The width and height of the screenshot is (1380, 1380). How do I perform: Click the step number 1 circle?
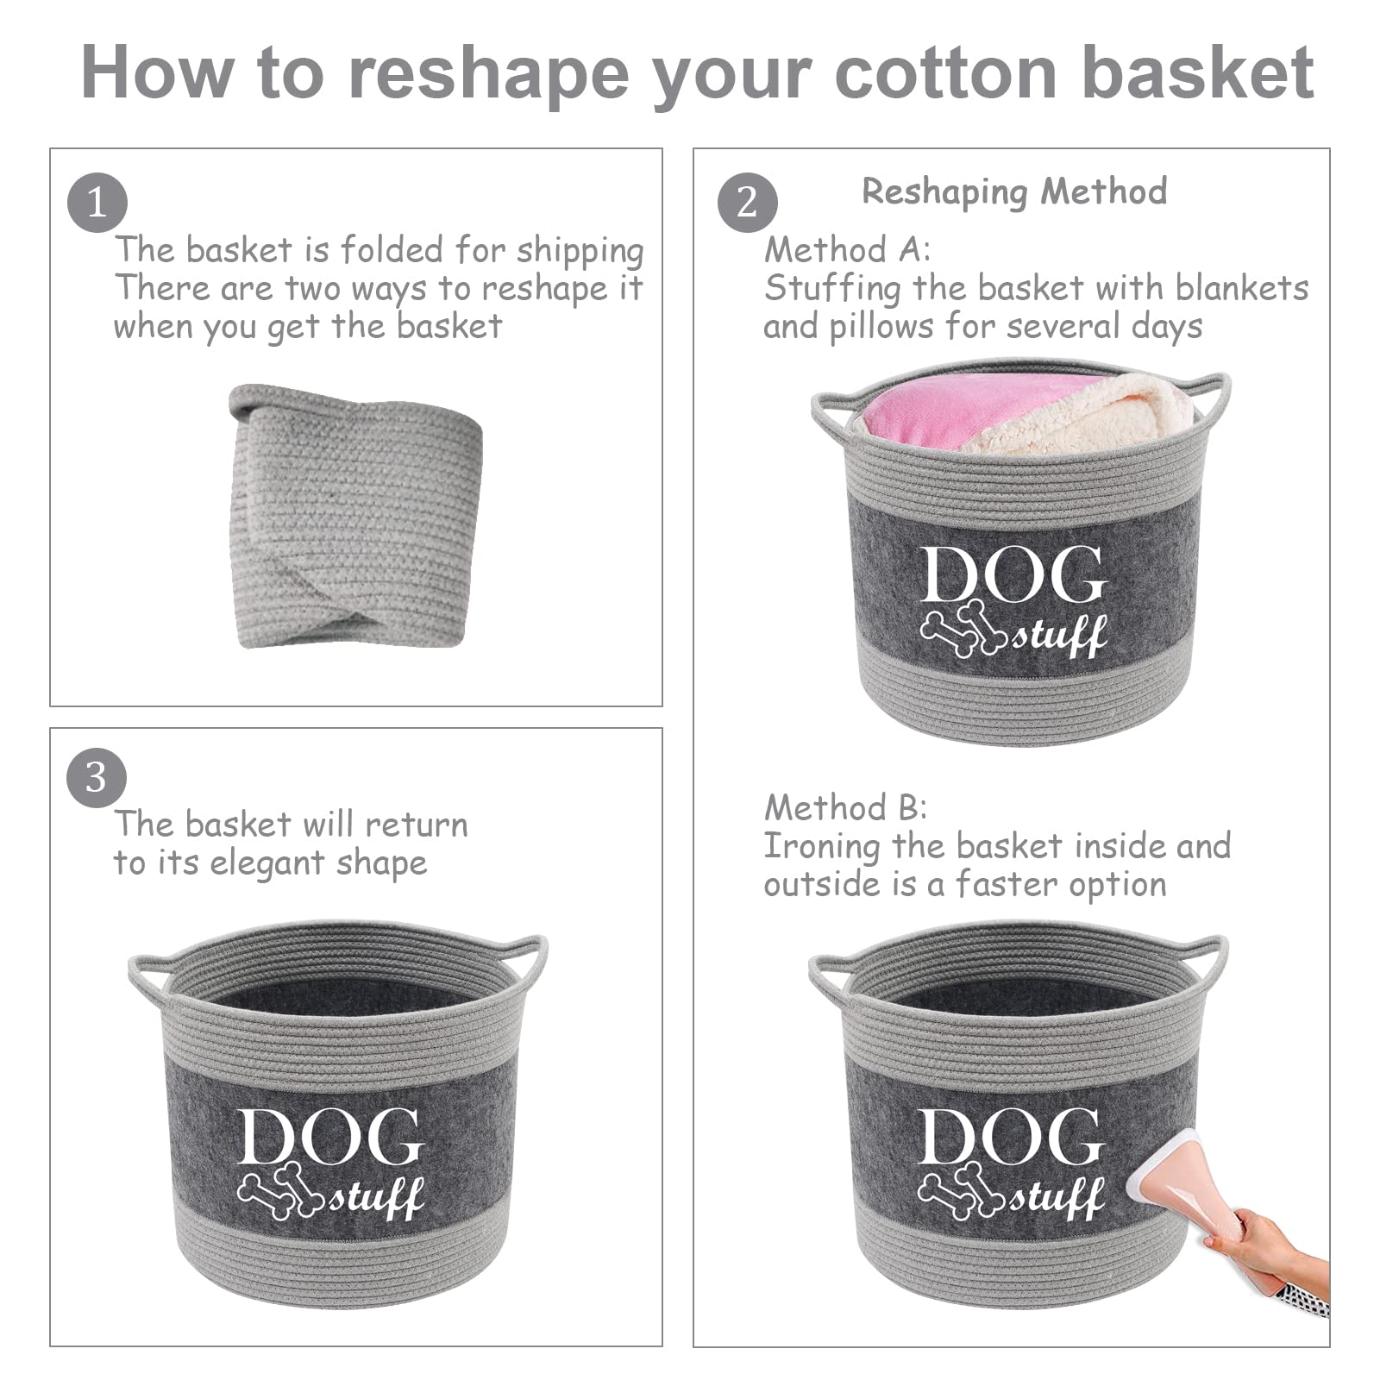pos(97,204)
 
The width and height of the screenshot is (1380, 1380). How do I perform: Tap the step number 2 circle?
pos(747,204)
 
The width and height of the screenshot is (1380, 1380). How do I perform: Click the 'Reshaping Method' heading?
pos(1014,191)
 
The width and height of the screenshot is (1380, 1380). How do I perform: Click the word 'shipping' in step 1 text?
pos(580,252)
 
